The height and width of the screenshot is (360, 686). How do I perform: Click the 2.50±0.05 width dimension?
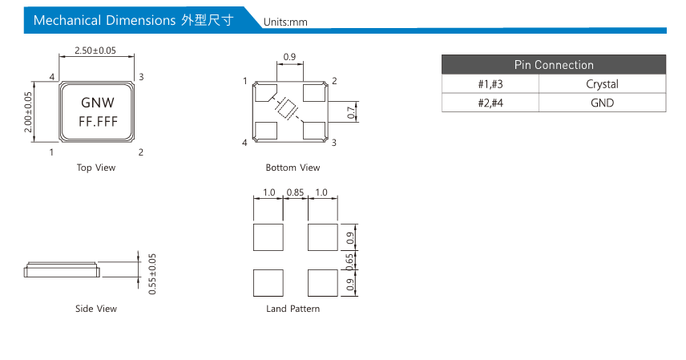(95, 51)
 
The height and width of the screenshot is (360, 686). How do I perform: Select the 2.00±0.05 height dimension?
(28, 112)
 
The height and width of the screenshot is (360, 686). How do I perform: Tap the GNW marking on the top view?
(98, 103)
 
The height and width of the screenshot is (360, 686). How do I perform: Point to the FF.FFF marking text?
(98, 121)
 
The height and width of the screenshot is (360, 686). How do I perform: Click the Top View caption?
(96, 168)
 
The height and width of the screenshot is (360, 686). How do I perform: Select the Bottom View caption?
(293, 168)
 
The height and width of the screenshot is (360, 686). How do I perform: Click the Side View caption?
(96, 309)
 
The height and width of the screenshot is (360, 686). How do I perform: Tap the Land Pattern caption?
(293, 309)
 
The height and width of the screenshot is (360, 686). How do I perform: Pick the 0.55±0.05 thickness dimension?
(152, 274)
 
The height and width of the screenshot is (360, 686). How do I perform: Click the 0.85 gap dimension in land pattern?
(295, 192)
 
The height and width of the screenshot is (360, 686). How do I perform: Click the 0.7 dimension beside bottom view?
(351, 112)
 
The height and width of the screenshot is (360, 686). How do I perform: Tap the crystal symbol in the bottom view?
(287, 107)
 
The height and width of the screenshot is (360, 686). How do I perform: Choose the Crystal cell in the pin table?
(602, 84)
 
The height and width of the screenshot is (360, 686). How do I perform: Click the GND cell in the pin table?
(602, 103)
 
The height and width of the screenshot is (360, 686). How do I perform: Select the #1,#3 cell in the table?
(490, 84)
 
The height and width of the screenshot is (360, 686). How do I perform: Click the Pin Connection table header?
(554, 65)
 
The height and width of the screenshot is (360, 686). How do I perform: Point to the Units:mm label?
(285, 22)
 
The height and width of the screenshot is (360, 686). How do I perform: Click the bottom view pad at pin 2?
(314, 92)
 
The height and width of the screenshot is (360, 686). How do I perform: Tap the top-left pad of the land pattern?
(268, 237)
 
